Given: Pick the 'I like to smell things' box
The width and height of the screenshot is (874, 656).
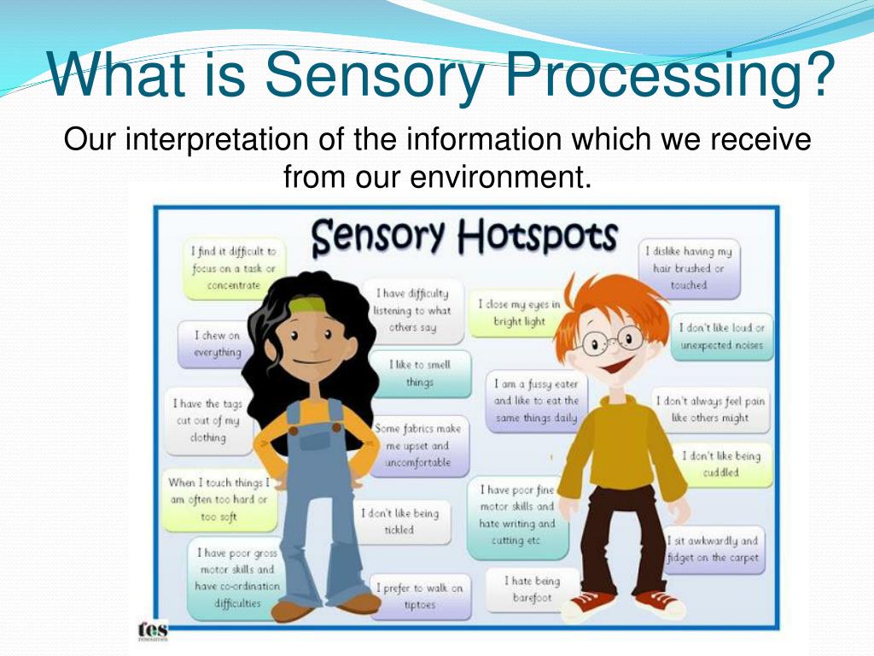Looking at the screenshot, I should coord(419,373).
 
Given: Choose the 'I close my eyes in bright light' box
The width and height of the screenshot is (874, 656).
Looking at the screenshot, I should coord(519,313).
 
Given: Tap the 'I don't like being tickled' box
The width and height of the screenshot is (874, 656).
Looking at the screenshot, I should coord(399,521).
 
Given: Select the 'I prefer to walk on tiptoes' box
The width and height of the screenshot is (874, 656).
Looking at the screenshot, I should coord(419,596).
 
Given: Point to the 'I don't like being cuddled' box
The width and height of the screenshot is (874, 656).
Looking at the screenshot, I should coord(721,464).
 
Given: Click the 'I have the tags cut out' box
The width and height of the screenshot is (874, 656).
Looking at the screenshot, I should coord(208,420).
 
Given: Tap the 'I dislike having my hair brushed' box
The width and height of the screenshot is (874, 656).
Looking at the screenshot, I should coord(689,268).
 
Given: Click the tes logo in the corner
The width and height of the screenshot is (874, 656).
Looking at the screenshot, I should coord(153,630).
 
